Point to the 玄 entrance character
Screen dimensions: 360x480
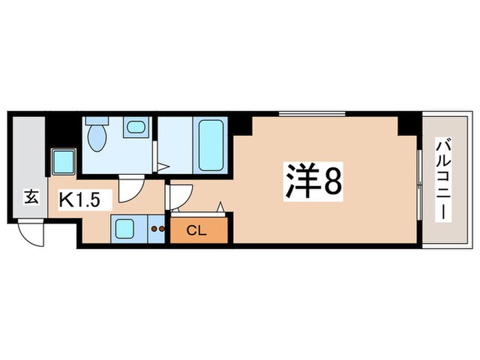click(31, 197)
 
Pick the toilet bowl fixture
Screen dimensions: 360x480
click(97, 137)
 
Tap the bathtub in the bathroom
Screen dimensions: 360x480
click(209, 144)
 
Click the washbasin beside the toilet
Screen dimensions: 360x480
click(136, 127)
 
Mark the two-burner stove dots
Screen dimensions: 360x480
click(158, 229)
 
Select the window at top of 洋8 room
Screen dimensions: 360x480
click(311, 114)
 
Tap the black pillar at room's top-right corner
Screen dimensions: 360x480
click(409, 123)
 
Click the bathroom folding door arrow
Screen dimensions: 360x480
click(162, 166)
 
